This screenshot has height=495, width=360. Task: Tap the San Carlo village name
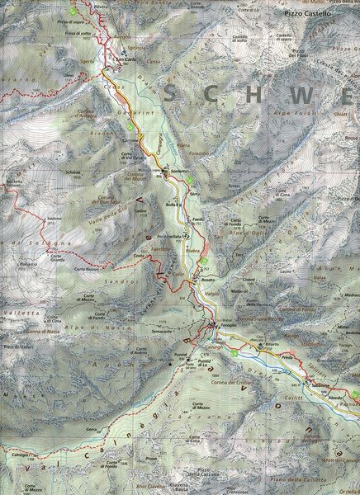(126, 59)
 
